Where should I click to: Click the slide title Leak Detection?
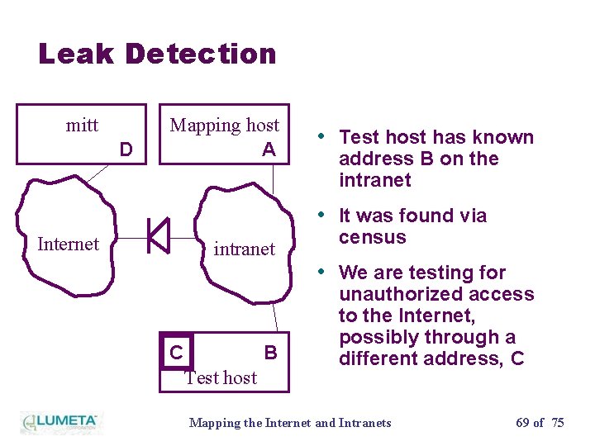tap(157, 55)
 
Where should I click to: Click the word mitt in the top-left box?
tap(82, 126)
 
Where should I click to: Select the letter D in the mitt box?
tap(126, 149)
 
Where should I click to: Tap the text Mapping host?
tap(224, 126)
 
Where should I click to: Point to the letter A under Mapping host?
tap(269, 149)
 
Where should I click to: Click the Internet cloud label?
tap(68, 244)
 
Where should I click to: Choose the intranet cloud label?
tap(244, 249)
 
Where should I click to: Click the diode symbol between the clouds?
tap(158, 236)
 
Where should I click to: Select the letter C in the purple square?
tap(176, 353)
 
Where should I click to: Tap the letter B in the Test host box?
tap(270, 353)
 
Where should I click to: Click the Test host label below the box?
tap(221, 377)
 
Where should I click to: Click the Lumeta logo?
tap(59, 422)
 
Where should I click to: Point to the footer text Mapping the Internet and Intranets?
tap(290, 423)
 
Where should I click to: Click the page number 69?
tap(522, 423)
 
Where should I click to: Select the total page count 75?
tap(558, 423)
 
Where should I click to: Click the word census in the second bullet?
tap(372, 238)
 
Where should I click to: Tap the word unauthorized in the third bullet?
tap(436, 294)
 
